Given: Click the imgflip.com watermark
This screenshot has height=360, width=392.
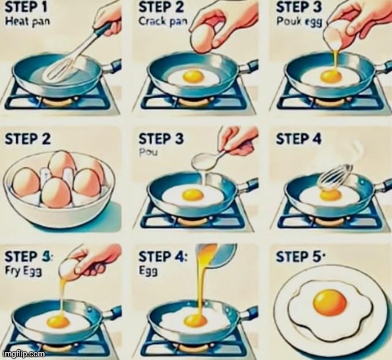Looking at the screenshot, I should (24, 354).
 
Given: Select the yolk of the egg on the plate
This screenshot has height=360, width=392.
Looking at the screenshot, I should (330, 302).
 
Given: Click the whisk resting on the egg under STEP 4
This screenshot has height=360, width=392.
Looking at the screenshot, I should (335, 176).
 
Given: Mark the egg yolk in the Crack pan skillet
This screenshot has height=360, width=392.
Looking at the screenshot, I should (192, 75).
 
